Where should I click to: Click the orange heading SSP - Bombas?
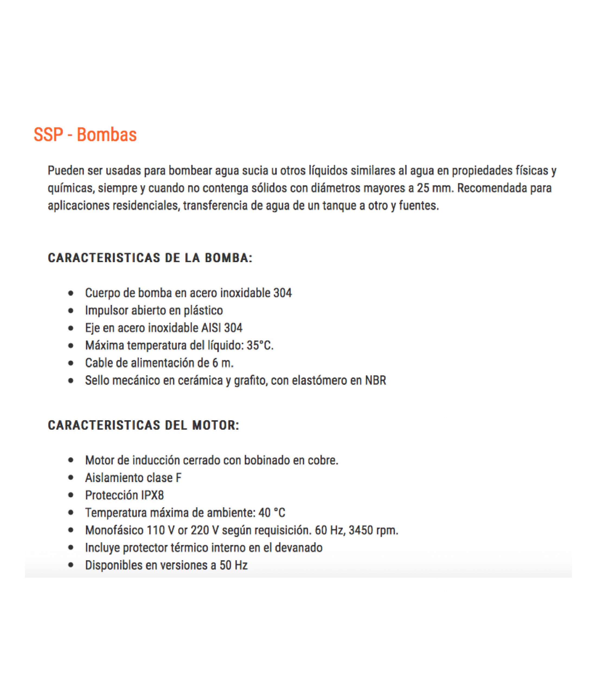(x=85, y=135)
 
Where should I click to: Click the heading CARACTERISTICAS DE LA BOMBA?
(x=150, y=258)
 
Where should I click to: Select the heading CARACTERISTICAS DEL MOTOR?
(x=143, y=425)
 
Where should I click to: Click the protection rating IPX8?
(x=152, y=495)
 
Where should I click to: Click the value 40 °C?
(x=272, y=512)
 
